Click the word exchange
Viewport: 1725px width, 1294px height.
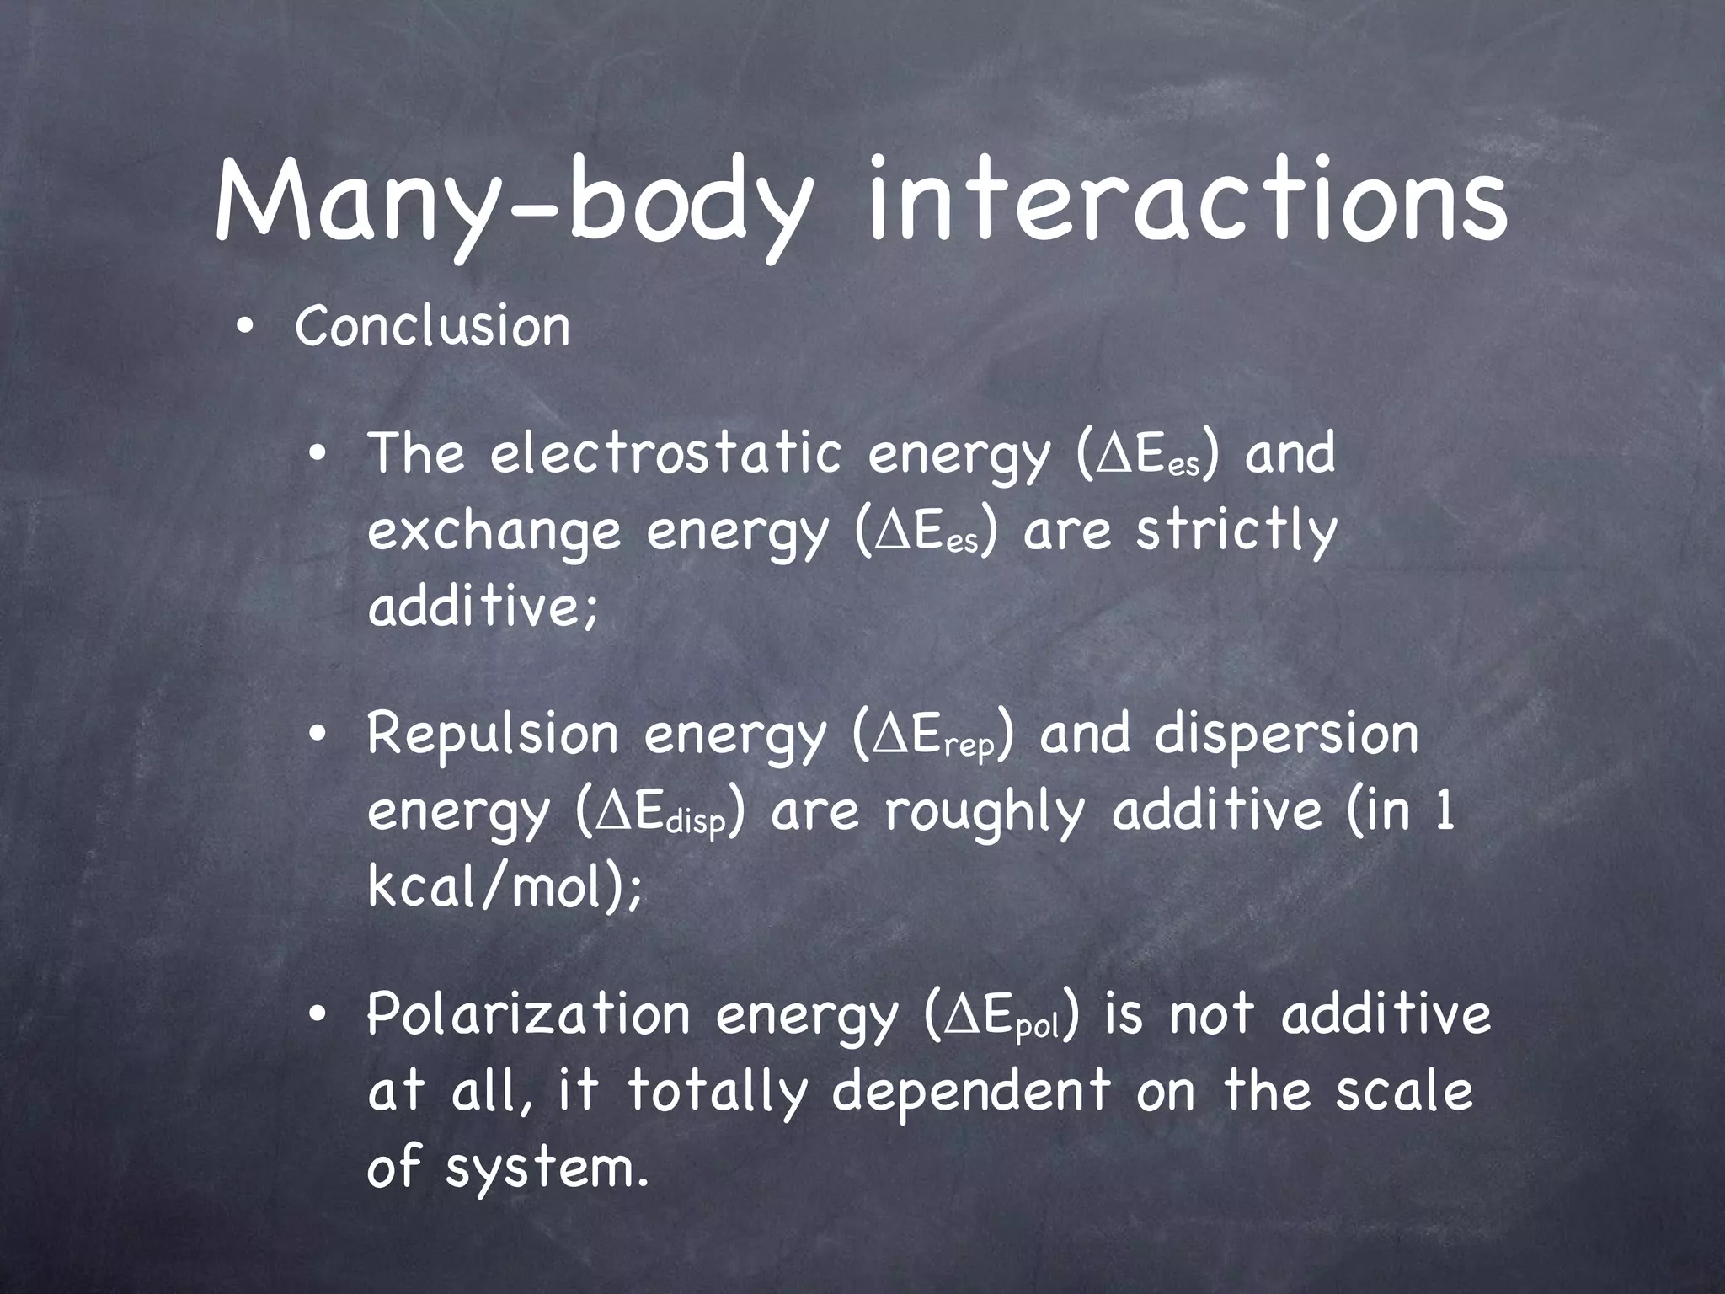tap(494, 533)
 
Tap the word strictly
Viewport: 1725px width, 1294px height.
tap(1236, 532)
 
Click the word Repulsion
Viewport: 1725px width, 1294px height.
tap(493, 735)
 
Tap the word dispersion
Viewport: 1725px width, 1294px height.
tap(1286, 735)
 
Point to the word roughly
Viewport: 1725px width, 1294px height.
tap(982, 812)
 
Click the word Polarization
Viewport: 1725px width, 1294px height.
tap(528, 1014)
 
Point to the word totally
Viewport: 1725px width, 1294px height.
tap(717, 1092)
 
